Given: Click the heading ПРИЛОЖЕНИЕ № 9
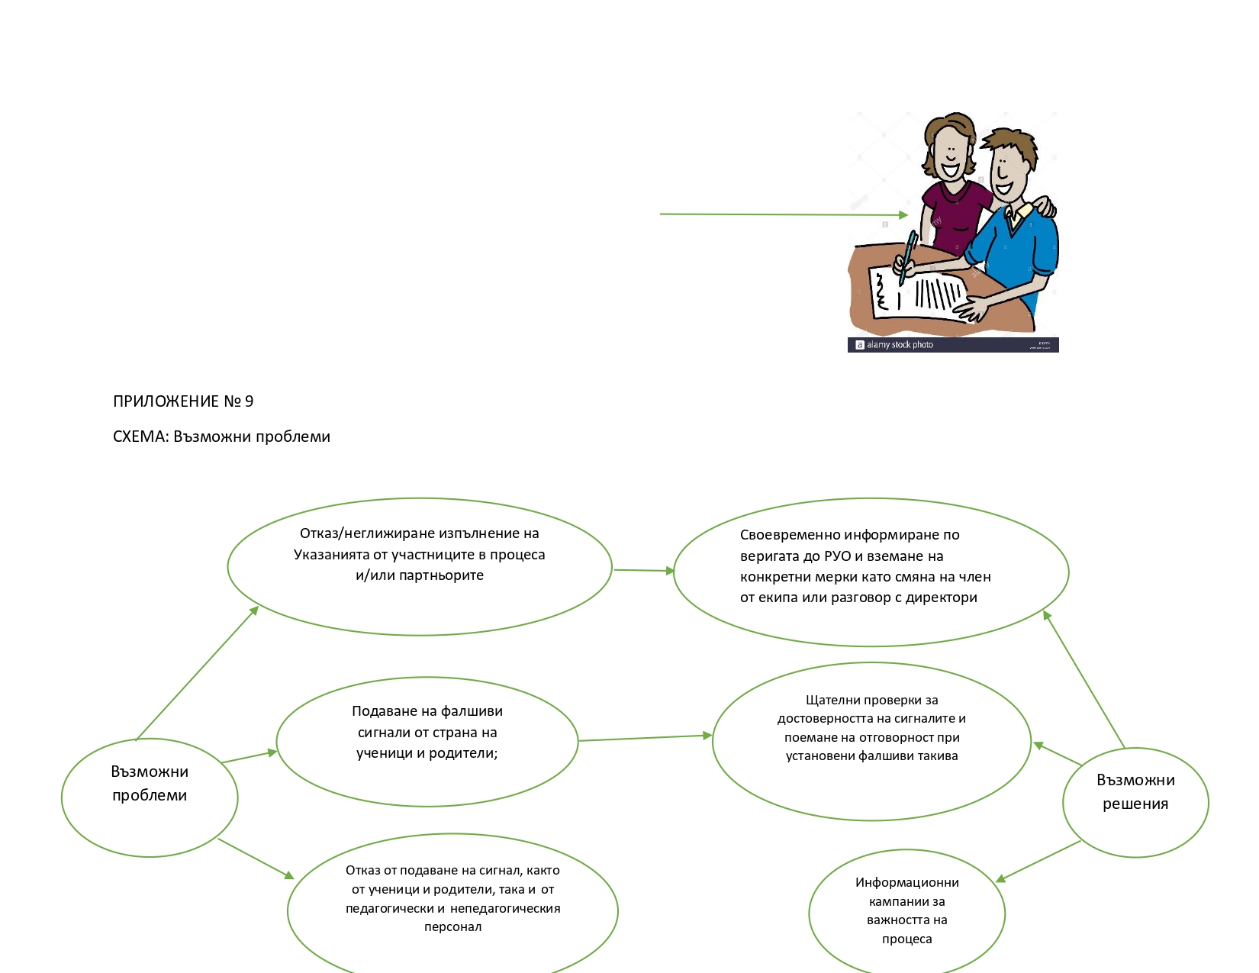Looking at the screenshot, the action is pos(183,401).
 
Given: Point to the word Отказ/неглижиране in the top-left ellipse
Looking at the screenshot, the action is pos(367,533).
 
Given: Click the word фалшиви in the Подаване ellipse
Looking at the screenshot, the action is pos(472,711).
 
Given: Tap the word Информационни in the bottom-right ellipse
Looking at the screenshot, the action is pos(906,882).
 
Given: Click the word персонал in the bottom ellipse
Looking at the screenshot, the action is pos(452,926).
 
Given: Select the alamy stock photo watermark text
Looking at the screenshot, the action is pos(899,345).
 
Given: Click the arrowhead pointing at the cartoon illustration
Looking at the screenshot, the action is pos(903,215).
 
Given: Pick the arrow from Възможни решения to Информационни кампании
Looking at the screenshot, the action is pos(1038,861).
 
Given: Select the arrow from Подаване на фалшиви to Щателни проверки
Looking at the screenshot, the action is pos(645,738).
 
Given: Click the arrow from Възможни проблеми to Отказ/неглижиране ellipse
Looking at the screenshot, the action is pos(197,673).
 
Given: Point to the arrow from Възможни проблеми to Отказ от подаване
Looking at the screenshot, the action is pos(256,859).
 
